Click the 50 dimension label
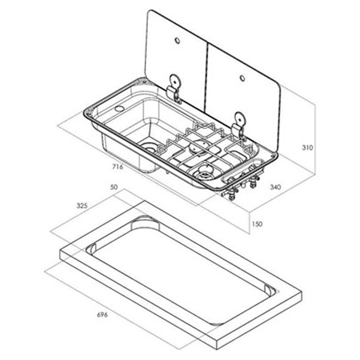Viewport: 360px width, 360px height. (114, 188)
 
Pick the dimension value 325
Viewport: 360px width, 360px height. (82, 206)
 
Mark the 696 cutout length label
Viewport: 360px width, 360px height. (102, 315)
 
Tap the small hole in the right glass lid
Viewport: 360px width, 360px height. (242, 78)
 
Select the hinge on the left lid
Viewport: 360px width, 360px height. (174, 87)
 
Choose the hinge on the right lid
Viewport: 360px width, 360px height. (239, 123)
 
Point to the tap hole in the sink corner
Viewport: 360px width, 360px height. (119, 109)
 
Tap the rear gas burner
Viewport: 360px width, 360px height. (197, 148)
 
